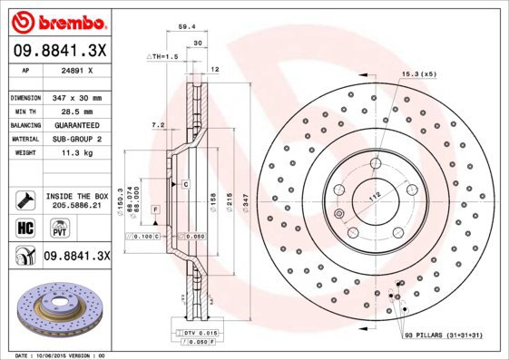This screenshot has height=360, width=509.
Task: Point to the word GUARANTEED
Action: coord(76,125)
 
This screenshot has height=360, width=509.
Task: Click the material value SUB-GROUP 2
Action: coord(76,139)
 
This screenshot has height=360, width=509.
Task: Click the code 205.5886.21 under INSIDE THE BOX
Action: coord(76,206)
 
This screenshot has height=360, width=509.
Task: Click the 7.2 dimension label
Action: coord(156,124)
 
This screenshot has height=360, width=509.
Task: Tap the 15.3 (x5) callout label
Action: coord(417,74)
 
